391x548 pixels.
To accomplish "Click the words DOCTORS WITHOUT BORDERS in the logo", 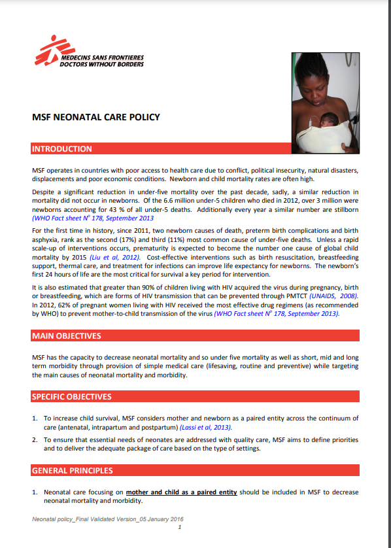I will point(101,65).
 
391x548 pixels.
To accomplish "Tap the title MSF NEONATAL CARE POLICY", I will point(96,118).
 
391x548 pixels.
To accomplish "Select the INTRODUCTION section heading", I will point(63,149).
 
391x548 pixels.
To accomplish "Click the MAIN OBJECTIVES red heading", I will point(66,336).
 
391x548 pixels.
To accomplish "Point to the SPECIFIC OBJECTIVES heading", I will point(72,396).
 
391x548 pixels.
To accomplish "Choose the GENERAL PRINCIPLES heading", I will point(73,470).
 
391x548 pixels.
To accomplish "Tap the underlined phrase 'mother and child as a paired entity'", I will point(181,491).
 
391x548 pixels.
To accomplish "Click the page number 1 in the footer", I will point(179,527).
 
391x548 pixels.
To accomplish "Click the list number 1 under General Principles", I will point(35,491).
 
